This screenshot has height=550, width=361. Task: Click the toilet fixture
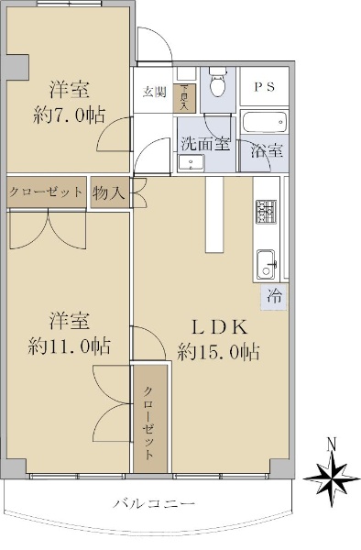tap(218, 82)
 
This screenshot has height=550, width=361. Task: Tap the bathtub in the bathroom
tap(265, 122)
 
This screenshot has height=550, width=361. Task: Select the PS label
tap(264, 87)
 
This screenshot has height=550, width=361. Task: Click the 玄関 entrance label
tap(154, 92)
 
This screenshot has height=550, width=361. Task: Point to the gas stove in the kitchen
tap(267, 212)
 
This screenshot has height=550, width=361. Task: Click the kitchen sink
tap(266, 264)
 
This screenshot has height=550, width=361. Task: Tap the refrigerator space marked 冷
tap(275, 297)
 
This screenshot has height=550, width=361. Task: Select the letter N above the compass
tap(331, 444)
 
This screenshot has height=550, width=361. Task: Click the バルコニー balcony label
tap(154, 504)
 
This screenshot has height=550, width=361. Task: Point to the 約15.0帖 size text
tap(219, 351)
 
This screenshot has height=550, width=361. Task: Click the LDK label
tap(220, 327)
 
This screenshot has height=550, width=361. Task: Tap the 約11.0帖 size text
tap(70, 346)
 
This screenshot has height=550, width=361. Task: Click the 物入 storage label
tap(109, 192)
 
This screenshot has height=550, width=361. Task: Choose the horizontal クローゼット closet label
tap(46, 192)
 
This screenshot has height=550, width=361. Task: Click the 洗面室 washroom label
tap(205, 144)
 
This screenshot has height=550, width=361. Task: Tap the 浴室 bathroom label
tap(267, 150)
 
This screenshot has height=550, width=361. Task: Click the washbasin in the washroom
tap(191, 163)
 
